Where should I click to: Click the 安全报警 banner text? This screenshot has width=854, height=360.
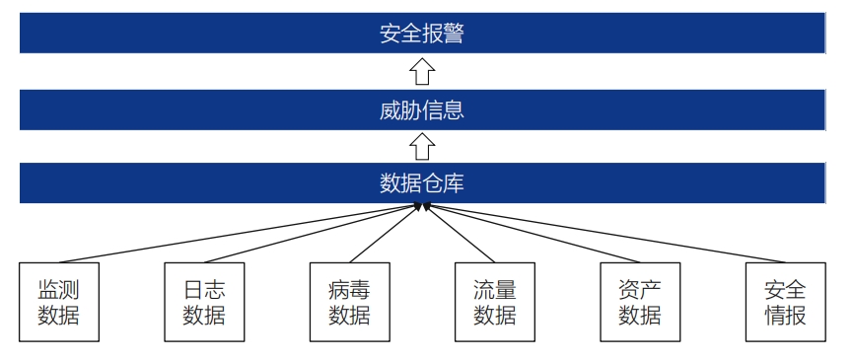[421, 35]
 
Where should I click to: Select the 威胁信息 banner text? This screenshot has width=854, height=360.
[421, 109]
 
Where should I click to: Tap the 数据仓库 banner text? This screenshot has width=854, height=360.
[421, 182]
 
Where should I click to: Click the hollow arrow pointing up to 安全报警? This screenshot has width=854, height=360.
[422, 72]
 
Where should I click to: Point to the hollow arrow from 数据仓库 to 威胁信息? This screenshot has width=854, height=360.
[422, 146]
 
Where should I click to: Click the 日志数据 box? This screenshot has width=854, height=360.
[203, 302]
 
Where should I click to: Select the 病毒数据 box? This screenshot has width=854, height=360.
[349, 302]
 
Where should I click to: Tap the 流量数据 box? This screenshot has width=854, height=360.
[495, 302]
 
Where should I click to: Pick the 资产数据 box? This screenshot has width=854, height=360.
[640, 302]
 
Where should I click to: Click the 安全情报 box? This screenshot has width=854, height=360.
[785, 302]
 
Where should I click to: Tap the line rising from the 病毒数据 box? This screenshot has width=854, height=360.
[386, 233]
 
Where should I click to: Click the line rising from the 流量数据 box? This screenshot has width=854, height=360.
[459, 233]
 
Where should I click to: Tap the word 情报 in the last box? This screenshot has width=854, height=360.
[785, 316]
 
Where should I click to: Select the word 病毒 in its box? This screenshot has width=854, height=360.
[349, 289]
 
